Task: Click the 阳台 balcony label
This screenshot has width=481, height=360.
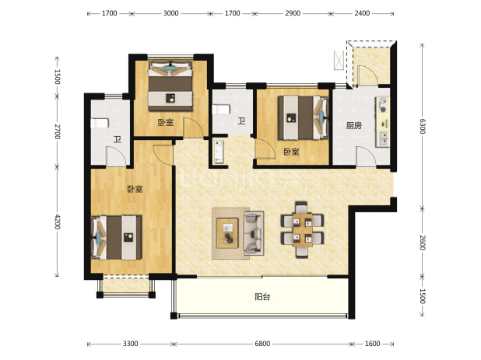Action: tap(262, 296)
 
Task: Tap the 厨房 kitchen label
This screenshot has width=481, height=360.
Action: tap(353, 126)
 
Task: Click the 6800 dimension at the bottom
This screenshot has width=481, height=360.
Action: tap(262, 344)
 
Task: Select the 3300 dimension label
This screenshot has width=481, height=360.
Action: tap(131, 344)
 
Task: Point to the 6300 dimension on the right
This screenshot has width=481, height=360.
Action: tap(423, 126)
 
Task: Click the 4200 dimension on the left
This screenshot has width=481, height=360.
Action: tap(58, 222)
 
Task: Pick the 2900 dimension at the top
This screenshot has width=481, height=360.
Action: tap(293, 13)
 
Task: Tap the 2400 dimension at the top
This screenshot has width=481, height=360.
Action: tap(362, 13)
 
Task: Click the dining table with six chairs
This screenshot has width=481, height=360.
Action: tap(302, 230)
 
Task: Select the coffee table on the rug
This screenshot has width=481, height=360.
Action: tap(227, 232)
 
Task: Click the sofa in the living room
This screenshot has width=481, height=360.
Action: tap(254, 233)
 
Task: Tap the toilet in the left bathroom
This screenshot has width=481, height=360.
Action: tap(100, 123)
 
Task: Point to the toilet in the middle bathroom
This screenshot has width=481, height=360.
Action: tap(221, 110)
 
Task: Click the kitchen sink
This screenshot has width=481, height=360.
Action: tap(383, 138)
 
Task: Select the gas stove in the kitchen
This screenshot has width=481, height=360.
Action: tap(383, 105)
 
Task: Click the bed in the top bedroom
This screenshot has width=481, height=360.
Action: tap(170, 86)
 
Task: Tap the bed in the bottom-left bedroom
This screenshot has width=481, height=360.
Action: tap(117, 237)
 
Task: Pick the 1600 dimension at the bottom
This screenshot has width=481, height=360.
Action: tap(372, 344)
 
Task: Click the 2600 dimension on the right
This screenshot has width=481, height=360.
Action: tap(423, 243)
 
